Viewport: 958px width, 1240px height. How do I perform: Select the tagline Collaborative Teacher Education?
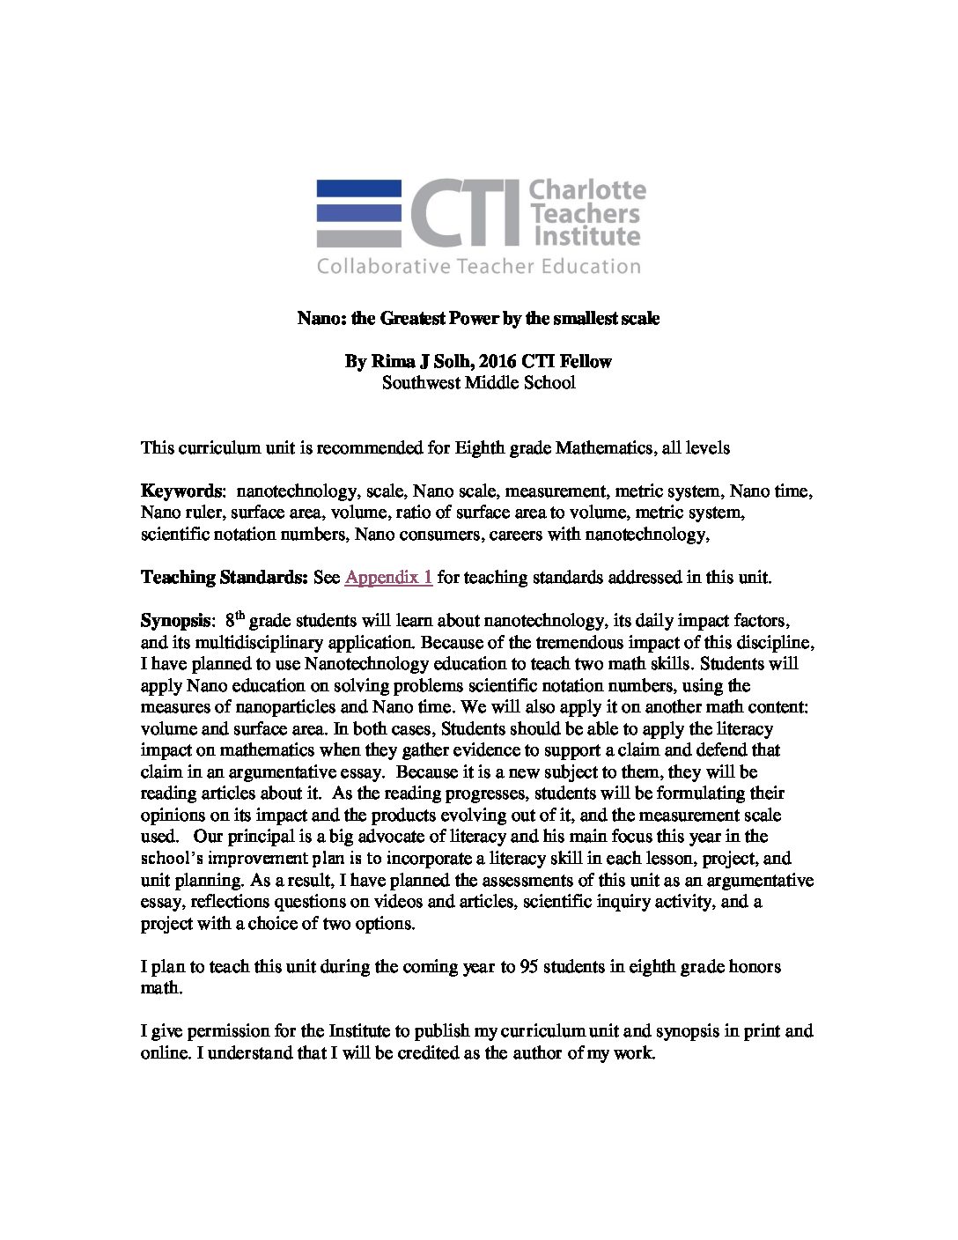pyautogui.click(x=479, y=266)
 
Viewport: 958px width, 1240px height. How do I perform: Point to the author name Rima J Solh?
pyautogui.click(x=416, y=362)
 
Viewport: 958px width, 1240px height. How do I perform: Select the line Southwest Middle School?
pyautogui.click(x=478, y=383)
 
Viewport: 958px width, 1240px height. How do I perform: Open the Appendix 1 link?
pyautogui.click(x=388, y=578)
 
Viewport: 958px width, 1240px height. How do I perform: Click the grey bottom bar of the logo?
pyautogui.click(x=358, y=237)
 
